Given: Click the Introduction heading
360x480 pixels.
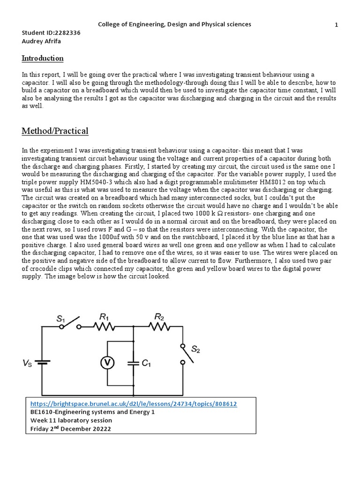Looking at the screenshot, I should (x=43, y=59).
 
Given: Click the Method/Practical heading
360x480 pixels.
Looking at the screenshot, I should (x=55, y=131).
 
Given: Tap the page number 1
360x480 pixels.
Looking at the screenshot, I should (x=337, y=25).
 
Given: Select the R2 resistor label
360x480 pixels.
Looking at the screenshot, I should (x=159, y=318).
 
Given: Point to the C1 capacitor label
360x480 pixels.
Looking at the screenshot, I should (x=146, y=363).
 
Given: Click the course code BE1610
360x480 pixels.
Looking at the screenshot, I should (x=43, y=412).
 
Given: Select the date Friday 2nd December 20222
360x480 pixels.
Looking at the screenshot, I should (x=71, y=429).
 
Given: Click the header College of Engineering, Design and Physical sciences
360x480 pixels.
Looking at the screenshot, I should (x=174, y=24).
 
